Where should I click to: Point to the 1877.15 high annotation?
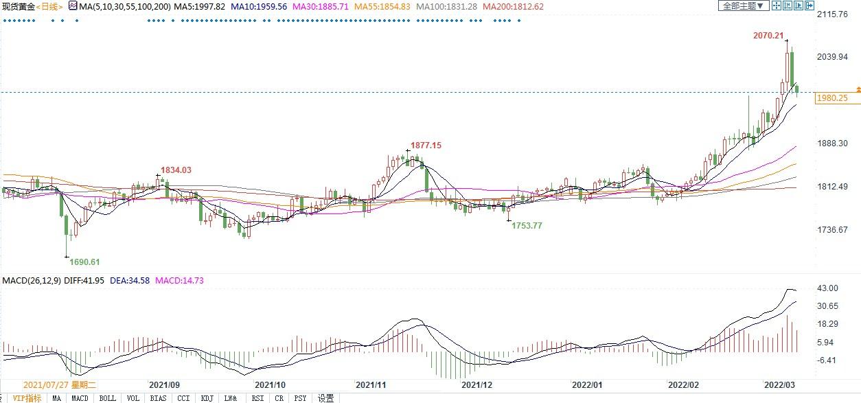[x=426, y=146]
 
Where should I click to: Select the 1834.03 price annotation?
[x=176, y=170]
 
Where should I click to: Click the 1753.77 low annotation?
[x=527, y=225]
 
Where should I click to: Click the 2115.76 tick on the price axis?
[x=834, y=14]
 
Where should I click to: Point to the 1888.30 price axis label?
[x=834, y=143]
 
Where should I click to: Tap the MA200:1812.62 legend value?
[x=514, y=6]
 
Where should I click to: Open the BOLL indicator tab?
[x=107, y=398]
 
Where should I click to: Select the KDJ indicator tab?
[x=207, y=398]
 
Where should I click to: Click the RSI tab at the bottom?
[x=257, y=398]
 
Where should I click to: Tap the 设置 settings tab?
[x=325, y=398]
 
